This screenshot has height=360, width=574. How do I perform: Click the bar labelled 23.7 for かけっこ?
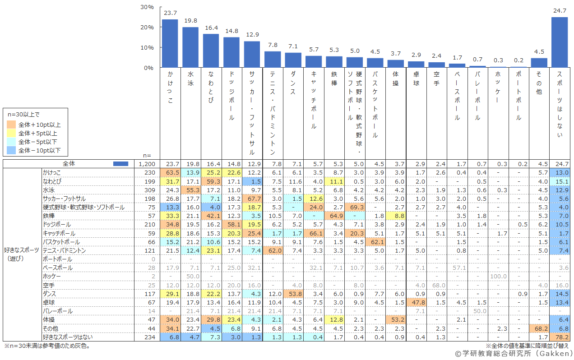pyautogui.click(x=170, y=43)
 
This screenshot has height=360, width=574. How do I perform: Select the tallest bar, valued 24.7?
pyautogui.click(x=560, y=42)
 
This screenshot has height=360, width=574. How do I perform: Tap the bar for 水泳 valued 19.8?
pyautogui.click(x=190, y=47)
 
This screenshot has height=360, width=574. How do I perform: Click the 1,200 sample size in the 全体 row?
pyautogui.click(x=147, y=164)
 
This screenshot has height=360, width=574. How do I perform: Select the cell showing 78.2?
pyautogui.click(x=560, y=337)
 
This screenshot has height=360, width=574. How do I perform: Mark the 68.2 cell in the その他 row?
pyautogui.click(x=539, y=328)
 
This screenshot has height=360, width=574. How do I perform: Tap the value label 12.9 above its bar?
pyautogui.click(x=252, y=35)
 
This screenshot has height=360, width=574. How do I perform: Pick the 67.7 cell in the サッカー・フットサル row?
pyautogui.click(x=252, y=198)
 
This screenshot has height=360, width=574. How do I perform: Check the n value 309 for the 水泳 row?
pyautogui.click(x=149, y=190)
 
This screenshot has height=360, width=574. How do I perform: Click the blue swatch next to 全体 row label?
pyautogui.click(x=120, y=164)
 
